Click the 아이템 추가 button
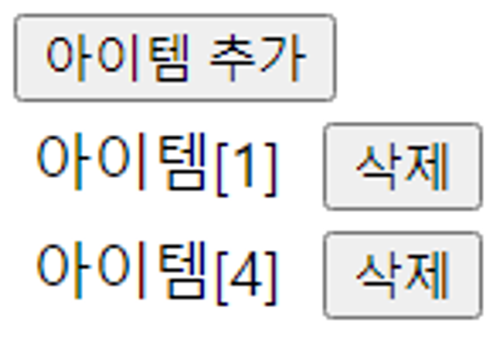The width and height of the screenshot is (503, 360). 175,58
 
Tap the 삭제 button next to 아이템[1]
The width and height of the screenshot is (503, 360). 403,166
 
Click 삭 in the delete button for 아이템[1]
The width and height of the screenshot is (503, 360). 378,166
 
